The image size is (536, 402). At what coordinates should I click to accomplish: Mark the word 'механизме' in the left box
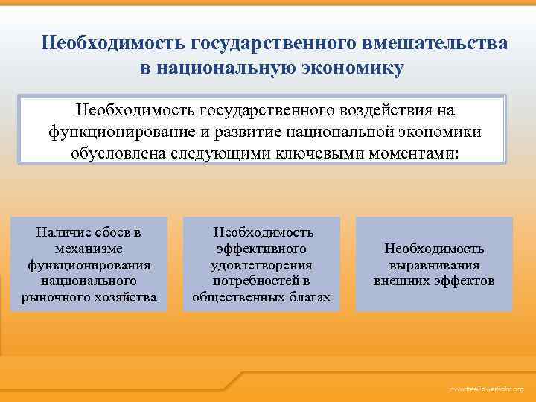[89, 249]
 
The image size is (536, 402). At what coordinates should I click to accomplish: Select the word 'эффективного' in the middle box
[261, 249]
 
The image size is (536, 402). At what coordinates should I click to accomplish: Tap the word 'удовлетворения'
[261, 266]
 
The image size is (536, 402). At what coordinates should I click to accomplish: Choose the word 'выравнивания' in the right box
[434, 266]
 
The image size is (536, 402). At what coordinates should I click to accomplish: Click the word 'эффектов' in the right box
[464, 282]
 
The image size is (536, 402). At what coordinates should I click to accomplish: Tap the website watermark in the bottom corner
[486, 389]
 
